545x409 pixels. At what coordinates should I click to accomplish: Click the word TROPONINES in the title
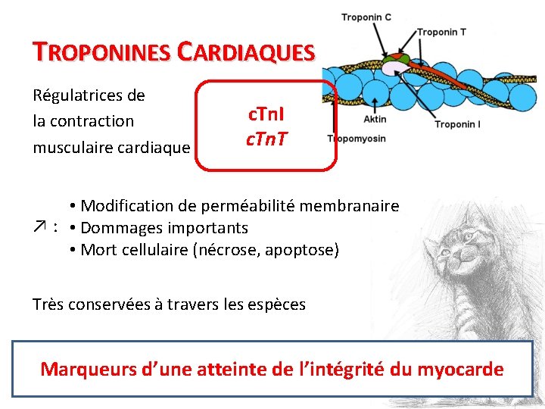101,52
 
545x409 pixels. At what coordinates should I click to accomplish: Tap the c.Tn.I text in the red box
266,117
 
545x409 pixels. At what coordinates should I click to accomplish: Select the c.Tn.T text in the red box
266,139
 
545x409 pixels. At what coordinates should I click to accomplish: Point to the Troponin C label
366,17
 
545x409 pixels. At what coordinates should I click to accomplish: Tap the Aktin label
375,119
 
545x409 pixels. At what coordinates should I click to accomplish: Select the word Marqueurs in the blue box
86,370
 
